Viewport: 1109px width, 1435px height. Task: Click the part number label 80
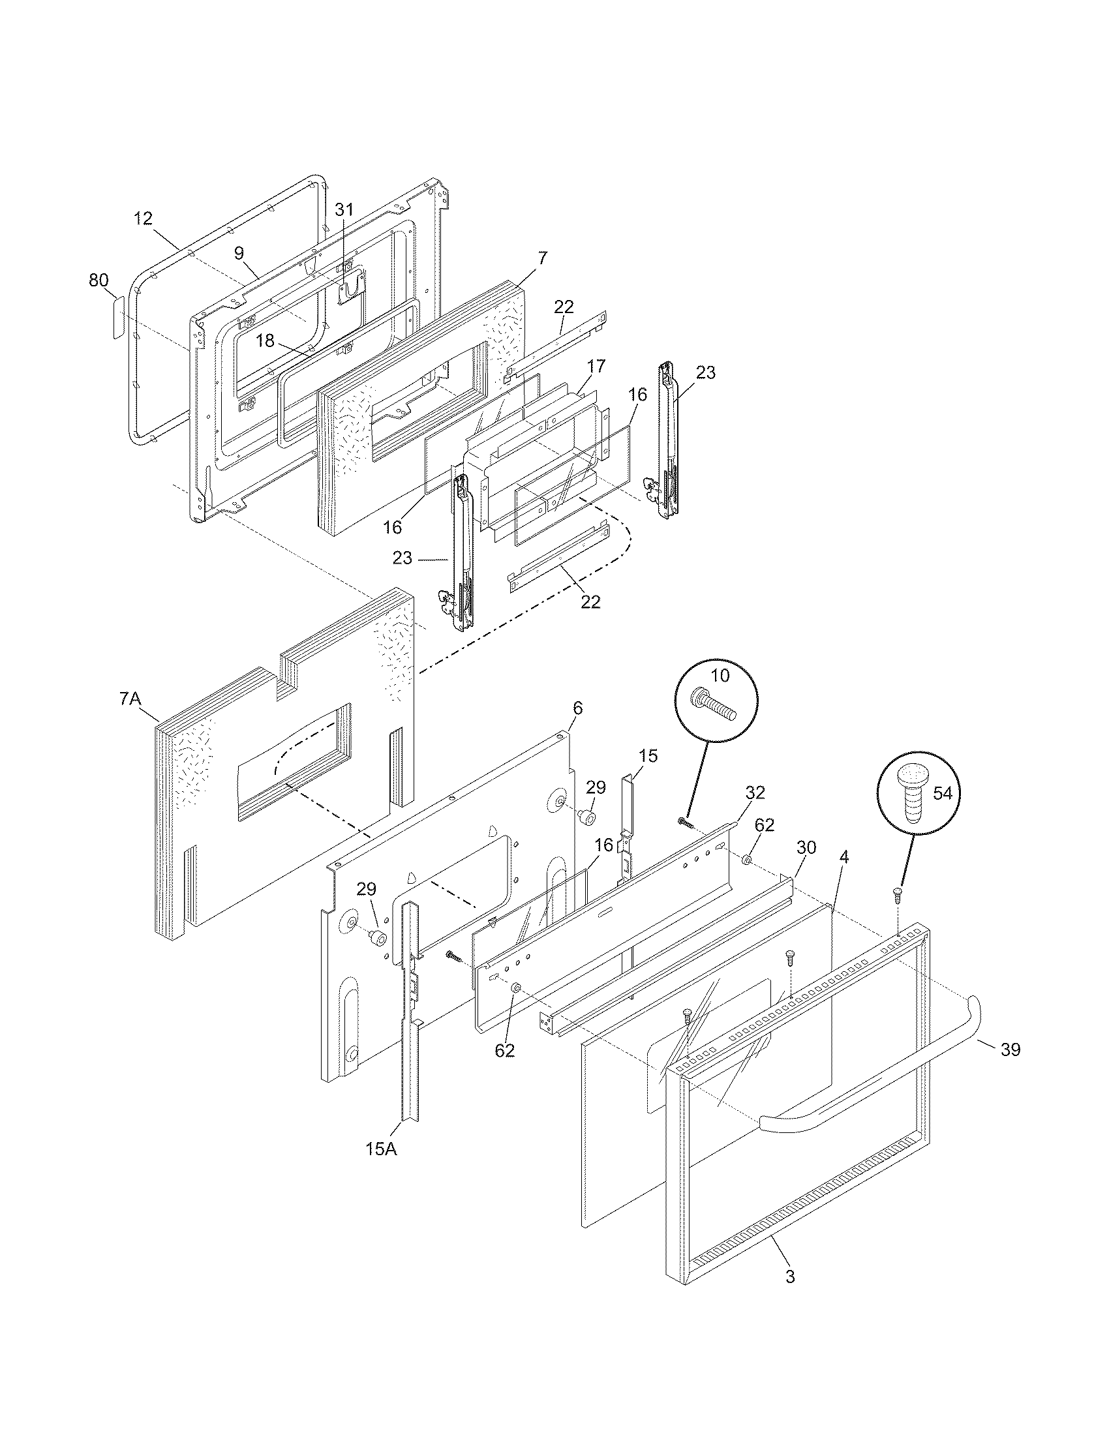(x=99, y=280)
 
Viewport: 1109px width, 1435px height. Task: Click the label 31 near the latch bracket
(x=344, y=209)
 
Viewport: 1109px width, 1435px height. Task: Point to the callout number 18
(x=265, y=340)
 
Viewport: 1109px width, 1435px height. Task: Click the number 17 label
(x=596, y=366)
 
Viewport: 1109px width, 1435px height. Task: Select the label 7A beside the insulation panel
(x=130, y=699)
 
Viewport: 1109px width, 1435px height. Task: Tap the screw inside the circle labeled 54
(x=912, y=796)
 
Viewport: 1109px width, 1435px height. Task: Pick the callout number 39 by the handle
(x=1010, y=1050)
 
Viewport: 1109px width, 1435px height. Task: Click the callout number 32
(x=755, y=793)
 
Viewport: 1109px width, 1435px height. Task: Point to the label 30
(x=806, y=847)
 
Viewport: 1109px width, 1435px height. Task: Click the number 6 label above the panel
(x=577, y=708)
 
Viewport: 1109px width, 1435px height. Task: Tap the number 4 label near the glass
(x=844, y=857)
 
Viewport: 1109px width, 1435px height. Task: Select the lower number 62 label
(x=504, y=1051)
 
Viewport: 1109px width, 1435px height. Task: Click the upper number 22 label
(x=564, y=307)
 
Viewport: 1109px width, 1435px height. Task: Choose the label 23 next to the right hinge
(x=706, y=372)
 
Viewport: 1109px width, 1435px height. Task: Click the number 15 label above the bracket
(x=647, y=756)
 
